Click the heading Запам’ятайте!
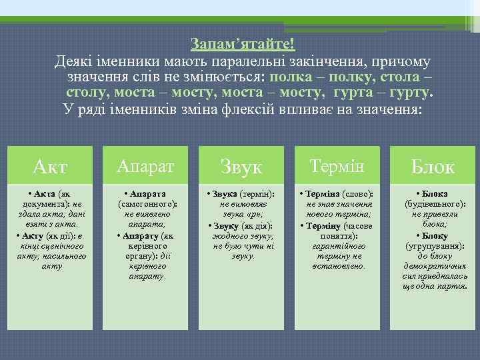pyautogui.click(x=242, y=43)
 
